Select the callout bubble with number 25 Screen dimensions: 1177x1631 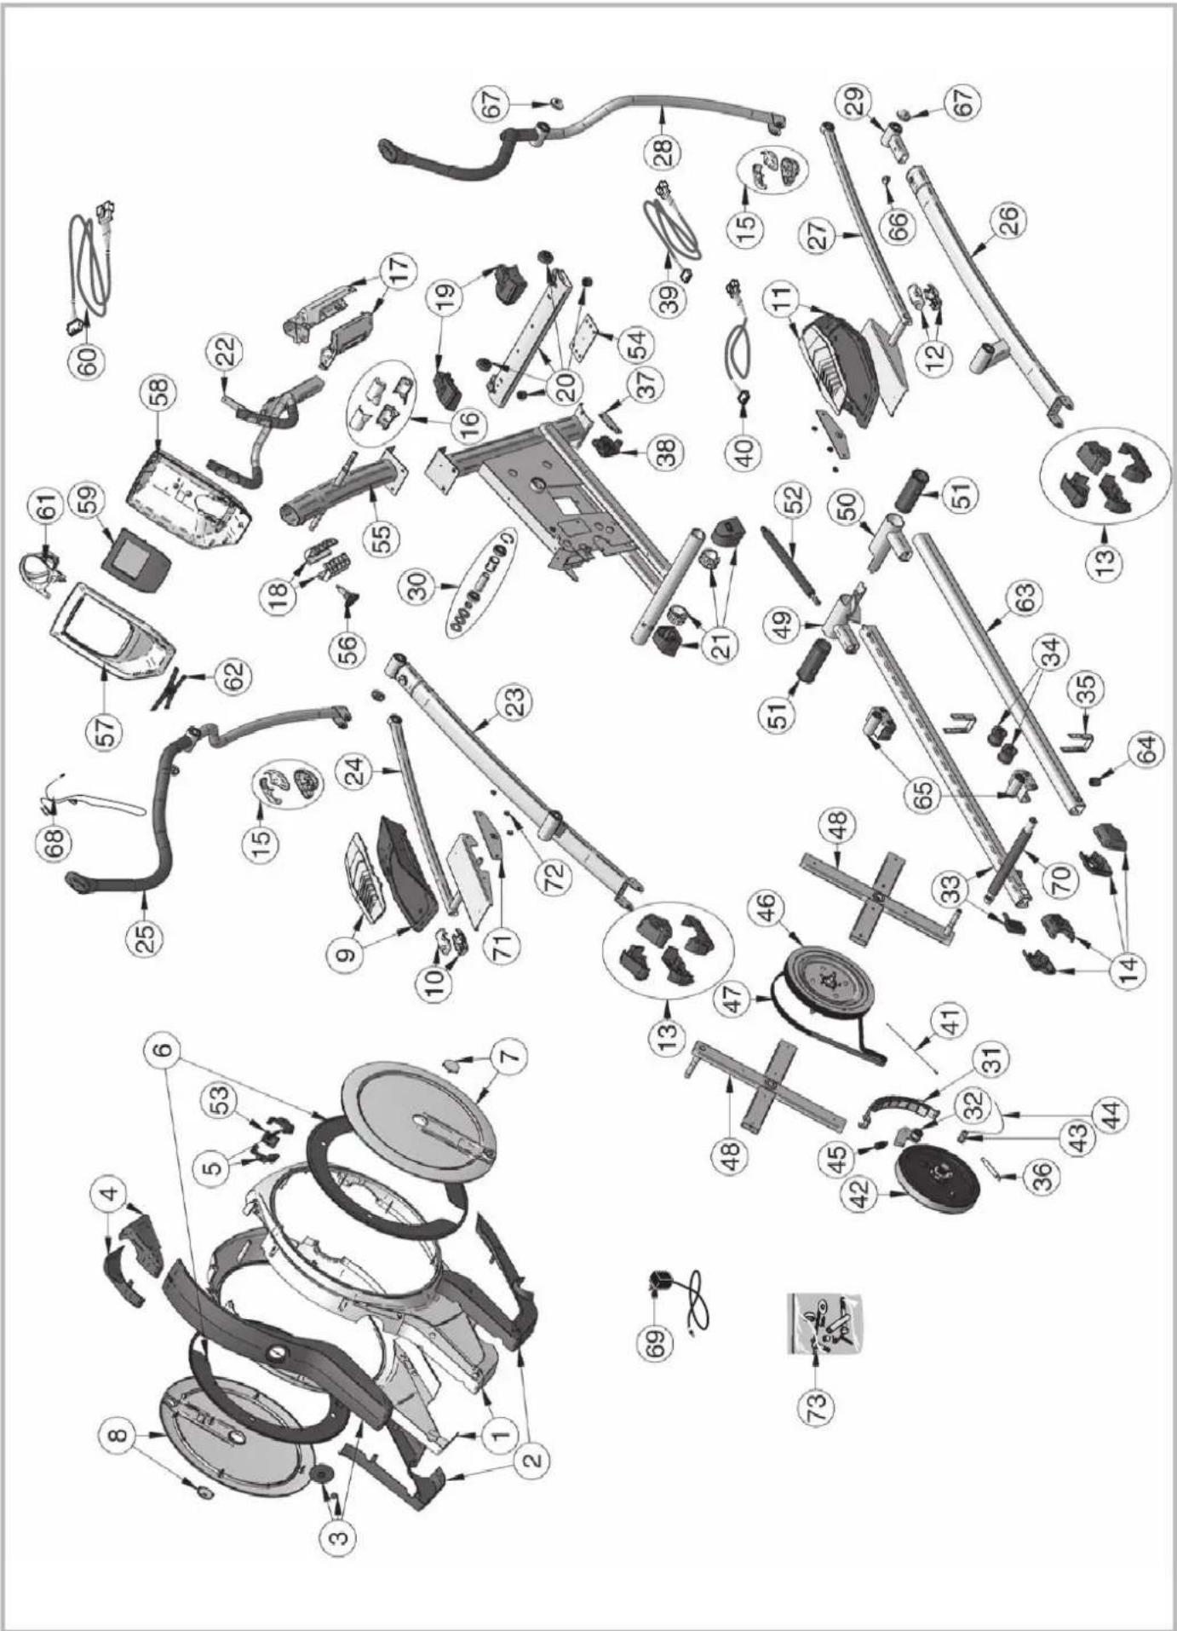tap(146, 937)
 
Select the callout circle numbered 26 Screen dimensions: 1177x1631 tap(1012, 222)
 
